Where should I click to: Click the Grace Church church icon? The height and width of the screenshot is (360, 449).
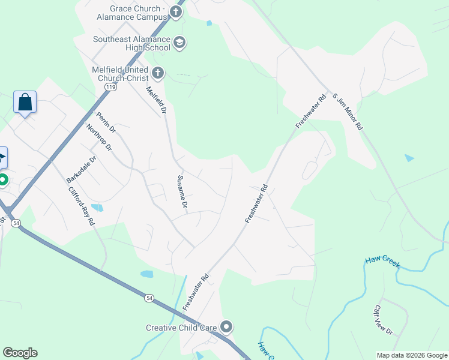pyautogui.click(x=176, y=12)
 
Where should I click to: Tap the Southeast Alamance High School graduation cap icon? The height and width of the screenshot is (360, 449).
pyautogui.click(x=179, y=43)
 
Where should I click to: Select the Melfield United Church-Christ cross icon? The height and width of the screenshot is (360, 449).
pyautogui.click(x=158, y=73)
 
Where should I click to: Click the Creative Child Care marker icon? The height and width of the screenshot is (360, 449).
pyautogui.click(x=226, y=327)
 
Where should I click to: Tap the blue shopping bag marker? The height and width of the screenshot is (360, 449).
pyautogui.click(x=25, y=102)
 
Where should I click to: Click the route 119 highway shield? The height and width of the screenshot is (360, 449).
pyautogui.click(x=110, y=87)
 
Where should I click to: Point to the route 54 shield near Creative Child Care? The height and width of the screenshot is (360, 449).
pyautogui.click(x=149, y=298)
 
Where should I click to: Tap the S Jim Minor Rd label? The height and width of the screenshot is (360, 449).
pyautogui.click(x=348, y=112)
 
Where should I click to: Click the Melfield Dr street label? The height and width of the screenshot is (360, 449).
pyautogui.click(x=156, y=100)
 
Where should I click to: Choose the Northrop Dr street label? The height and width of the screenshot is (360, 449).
pyautogui.click(x=99, y=139)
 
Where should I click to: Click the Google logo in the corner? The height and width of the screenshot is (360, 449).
pyautogui.click(x=20, y=353)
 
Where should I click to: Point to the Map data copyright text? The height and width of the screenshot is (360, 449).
pyautogui.click(x=412, y=355)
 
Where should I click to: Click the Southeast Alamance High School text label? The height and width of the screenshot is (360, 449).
pyautogui.click(x=131, y=43)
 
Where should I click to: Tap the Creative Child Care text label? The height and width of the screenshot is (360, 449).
pyautogui.click(x=181, y=328)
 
